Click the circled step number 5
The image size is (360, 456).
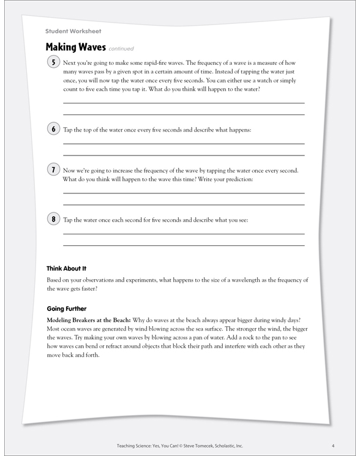coord(53,62)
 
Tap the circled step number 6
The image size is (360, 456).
coord(53,129)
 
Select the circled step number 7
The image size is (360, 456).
coord(53,170)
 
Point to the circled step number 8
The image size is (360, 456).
coord(53,219)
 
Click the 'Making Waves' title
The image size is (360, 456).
coord(75,47)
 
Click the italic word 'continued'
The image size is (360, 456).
coord(121,49)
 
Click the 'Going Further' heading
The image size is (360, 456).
coord(67,308)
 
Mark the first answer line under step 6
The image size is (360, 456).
coord(184,144)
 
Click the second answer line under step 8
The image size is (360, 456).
coord(184,245)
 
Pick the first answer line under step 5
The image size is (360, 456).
coord(184,103)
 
